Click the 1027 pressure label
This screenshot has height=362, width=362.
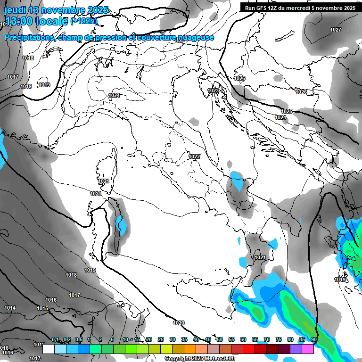pos(336,30)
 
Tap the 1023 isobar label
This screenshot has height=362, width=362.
pos(213,90)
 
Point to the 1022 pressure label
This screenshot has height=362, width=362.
pos(194,156)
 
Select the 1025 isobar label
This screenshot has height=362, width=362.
pos(287,111)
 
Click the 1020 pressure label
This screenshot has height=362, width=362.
pos(179,323)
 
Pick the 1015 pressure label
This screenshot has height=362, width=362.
pos(42,308)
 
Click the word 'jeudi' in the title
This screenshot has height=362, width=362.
pos(16,10)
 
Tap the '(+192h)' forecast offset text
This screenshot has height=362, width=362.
pos(84,21)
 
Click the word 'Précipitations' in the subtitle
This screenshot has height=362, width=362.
pos(28,38)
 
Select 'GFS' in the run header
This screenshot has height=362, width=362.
pos(263,8)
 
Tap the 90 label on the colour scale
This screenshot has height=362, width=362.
pos(313,340)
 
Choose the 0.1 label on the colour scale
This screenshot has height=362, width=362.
pos(55,340)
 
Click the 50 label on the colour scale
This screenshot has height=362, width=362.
pos(220,340)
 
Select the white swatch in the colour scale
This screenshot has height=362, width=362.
pos(48,349)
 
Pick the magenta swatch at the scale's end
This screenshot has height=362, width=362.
pos(308,349)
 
